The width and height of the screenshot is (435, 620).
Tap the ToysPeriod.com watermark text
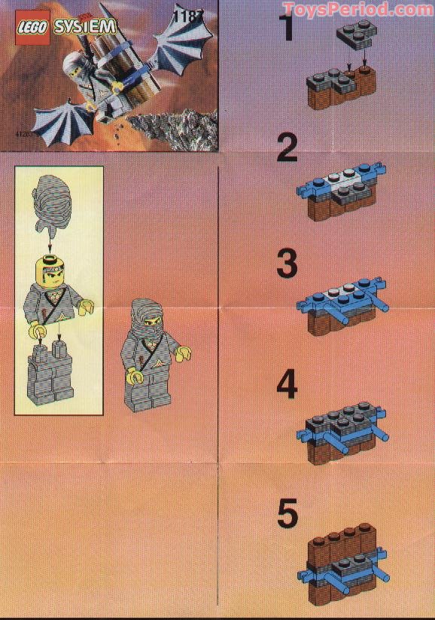[358, 9]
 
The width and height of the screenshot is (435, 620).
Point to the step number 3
[287, 264]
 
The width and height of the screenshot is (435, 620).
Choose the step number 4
[287, 383]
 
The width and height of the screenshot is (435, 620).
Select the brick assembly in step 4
[343, 430]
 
